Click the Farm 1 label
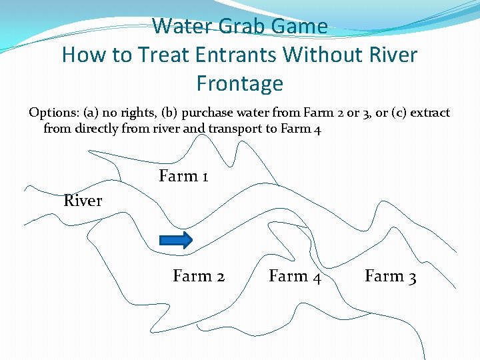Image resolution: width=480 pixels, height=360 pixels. pyautogui.click(x=183, y=177)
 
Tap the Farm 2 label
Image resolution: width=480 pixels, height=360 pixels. pyautogui.click(x=199, y=276)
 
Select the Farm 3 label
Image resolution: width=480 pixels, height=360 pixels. pyautogui.click(x=391, y=276)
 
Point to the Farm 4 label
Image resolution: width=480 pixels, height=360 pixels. pyautogui.click(x=295, y=276)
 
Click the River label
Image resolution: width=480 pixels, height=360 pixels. pyautogui.click(x=83, y=201)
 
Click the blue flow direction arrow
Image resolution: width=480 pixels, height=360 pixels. pyautogui.click(x=176, y=240)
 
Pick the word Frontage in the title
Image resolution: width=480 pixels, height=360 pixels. pyautogui.click(x=240, y=84)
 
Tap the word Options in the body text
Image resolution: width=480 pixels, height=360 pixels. pyautogui.click(x=53, y=113)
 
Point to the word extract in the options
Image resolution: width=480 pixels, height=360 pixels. pyautogui.click(x=431, y=113)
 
